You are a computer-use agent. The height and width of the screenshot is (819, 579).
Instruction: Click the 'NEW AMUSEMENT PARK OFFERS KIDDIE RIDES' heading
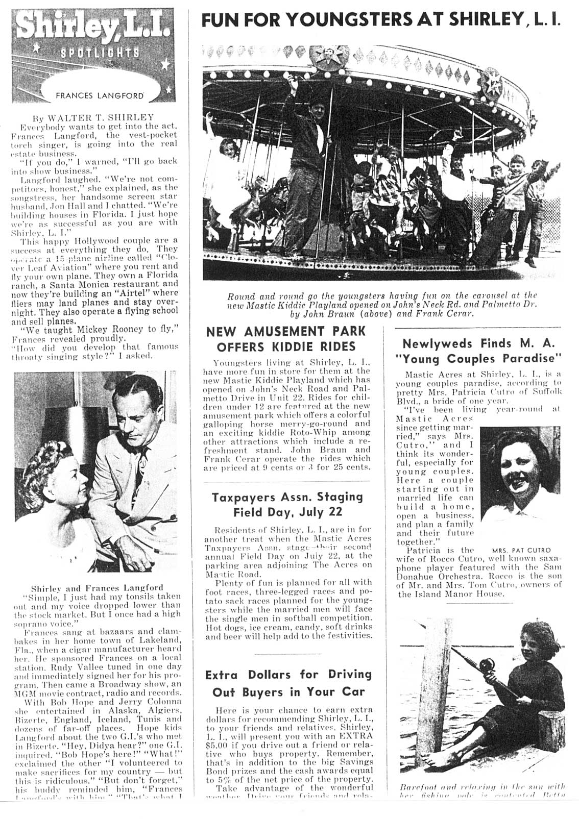285,339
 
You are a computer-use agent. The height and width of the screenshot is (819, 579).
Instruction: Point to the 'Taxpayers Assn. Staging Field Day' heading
287,504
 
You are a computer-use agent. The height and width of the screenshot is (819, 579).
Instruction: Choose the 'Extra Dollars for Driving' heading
288,675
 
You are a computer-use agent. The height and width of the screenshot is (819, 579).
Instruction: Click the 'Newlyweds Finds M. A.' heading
478,343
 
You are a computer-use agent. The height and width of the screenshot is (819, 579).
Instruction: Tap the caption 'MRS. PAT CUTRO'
521,551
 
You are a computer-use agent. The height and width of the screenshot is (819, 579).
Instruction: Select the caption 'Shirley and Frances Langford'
98,587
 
